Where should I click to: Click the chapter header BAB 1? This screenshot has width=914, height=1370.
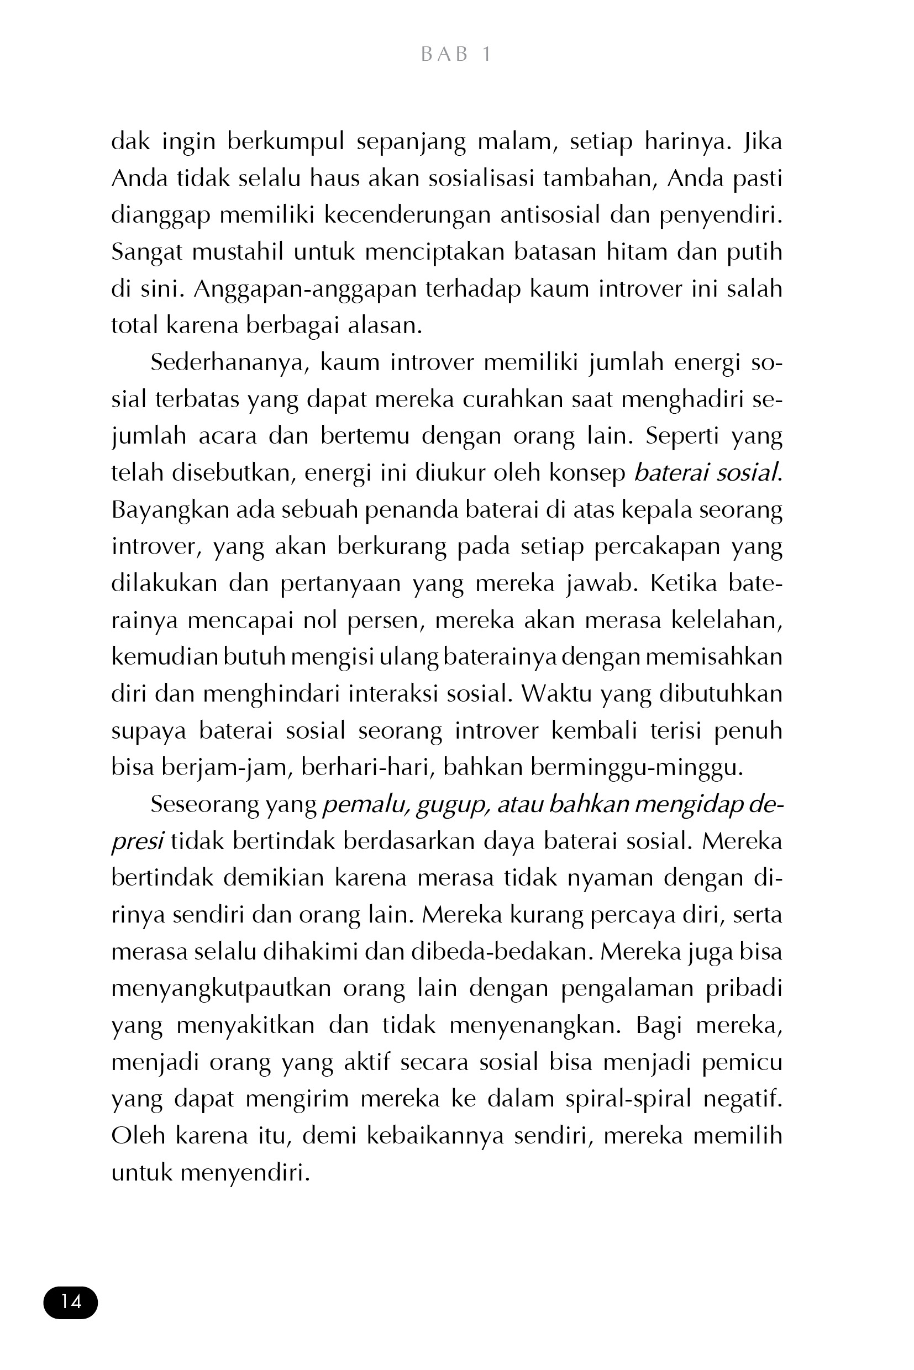456,54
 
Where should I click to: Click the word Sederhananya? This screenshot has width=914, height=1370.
227,362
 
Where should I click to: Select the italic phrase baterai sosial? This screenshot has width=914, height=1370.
706,472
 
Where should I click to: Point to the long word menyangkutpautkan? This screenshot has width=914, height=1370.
221,989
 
